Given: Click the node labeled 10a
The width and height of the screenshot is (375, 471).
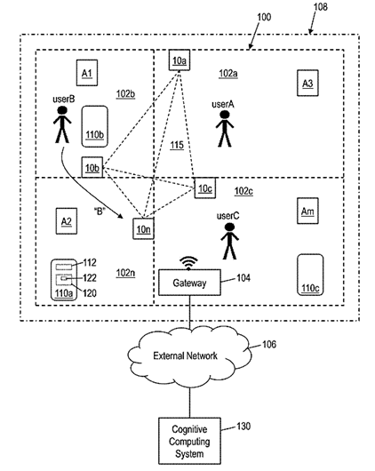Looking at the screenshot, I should [x=180, y=60].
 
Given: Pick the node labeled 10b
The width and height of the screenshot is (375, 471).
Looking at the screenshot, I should [x=92, y=166].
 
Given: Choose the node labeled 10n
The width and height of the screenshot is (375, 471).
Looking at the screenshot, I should [x=142, y=228].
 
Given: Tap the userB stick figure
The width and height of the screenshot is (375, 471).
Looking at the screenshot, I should [x=63, y=124].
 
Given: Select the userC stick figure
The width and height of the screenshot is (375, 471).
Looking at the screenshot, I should [x=230, y=239].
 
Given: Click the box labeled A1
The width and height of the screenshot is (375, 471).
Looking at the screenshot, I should [x=86, y=71].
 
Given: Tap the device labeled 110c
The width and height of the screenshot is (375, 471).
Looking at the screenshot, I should [x=309, y=274].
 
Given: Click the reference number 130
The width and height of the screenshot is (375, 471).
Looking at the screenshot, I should [x=243, y=427].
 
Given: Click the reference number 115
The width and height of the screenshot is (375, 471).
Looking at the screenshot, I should [x=178, y=145].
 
